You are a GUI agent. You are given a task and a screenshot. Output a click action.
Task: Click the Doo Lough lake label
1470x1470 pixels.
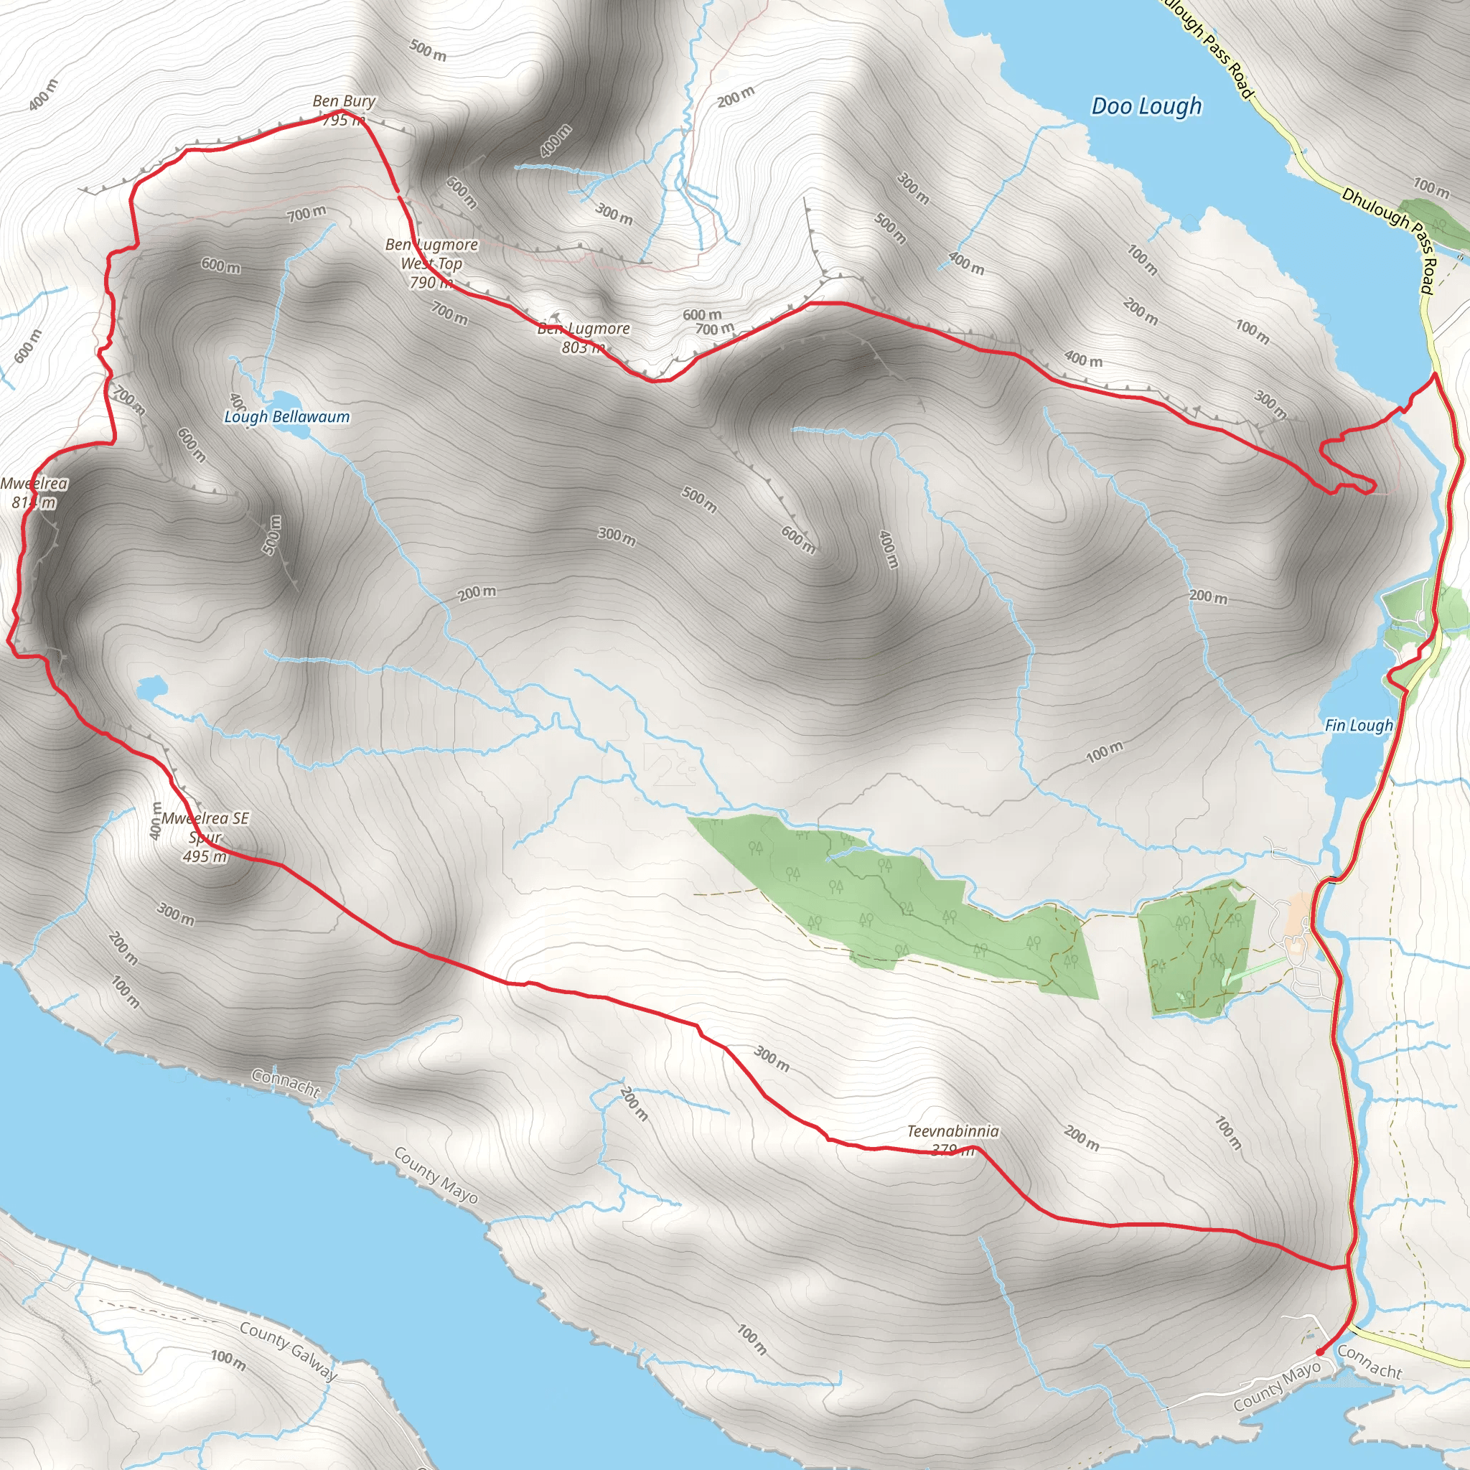pyautogui.click(x=1146, y=106)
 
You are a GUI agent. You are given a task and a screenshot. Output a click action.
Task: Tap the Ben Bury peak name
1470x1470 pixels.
pyautogui.click(x=344, y=101)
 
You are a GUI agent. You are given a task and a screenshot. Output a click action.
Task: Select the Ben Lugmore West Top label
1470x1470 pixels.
pyautogui.click(x=431, y=254)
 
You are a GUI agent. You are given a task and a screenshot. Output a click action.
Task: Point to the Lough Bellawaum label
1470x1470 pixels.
pyautogui.click(x=287, y=417)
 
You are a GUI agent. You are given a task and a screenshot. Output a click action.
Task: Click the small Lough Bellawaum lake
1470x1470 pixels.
pyautogui.click(x=288, y=401)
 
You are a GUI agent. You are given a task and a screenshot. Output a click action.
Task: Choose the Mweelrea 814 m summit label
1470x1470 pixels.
pyautogui.click(x=34, y=492)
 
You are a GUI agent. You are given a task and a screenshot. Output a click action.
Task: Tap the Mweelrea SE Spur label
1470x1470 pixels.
pyautogui.click(x=205, y=828)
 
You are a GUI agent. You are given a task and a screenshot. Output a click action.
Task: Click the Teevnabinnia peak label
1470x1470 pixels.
pyautogui.click(x=952, y=1131)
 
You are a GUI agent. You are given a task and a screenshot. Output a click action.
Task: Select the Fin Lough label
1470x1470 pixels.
pyautogui.click(x=1358, y=726)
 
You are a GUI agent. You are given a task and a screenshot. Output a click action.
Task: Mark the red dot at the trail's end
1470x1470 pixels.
pyautogui.click(x=1319, y=1352)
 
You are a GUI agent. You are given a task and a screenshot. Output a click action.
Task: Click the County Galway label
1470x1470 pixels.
pyautogui.click(x=289, y=1352)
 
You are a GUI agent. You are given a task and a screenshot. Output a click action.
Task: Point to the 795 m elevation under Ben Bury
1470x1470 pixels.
pyautogui.click(x=344, y=120)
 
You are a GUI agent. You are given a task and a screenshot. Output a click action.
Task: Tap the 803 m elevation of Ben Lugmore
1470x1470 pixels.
pyautogui.click(x=584, y=347)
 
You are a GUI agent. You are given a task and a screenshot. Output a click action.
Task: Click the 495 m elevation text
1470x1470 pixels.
pyautogui.click(x=205, y=857)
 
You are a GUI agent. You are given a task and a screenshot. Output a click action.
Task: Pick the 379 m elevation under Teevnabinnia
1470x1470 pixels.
pyautogui.click(x=952, y=1150)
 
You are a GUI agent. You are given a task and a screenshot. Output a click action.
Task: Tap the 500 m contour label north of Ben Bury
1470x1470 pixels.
pyautogui.click(x=428, y=50)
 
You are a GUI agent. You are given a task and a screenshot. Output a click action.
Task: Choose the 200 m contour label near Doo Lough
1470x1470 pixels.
pyautogui.click(x=736, y=97)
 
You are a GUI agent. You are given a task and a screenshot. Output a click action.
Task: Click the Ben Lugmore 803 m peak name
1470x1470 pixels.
pyautogui.click(x=584, y=329)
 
